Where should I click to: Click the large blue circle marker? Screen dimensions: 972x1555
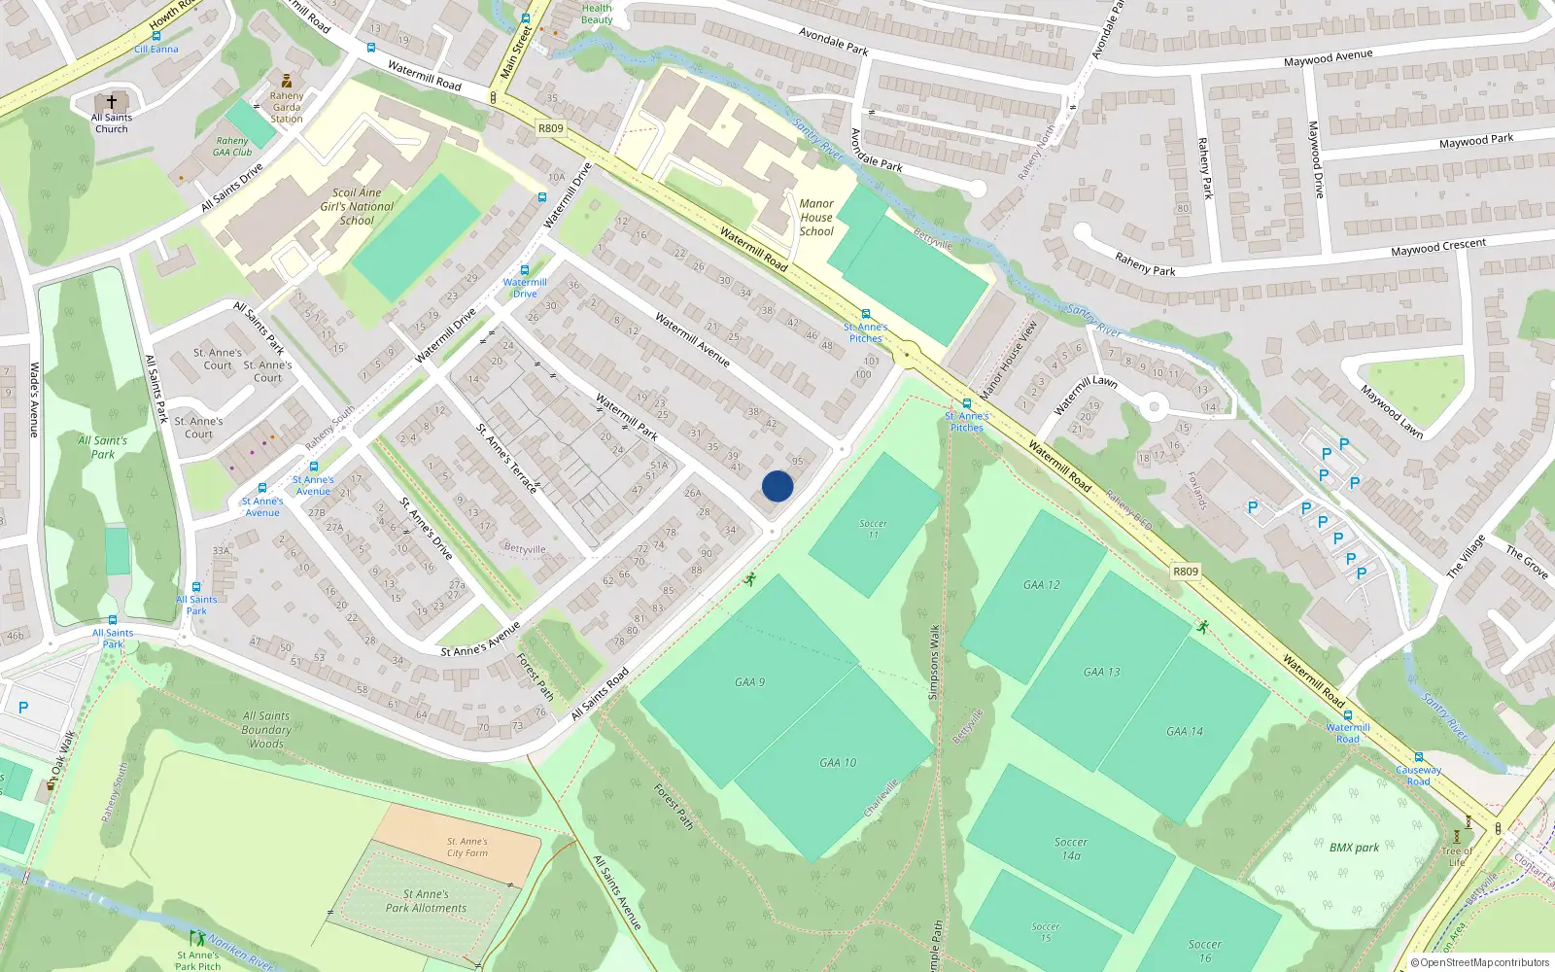coord(777,486)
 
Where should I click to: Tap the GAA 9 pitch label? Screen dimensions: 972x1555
coord(749,682)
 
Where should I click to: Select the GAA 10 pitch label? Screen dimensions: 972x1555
coord(838,763)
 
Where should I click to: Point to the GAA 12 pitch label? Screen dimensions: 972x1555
coord(1041,585)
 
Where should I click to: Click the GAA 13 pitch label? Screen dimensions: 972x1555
coord(1101,672)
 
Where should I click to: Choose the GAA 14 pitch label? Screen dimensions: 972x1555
coord(1184,731)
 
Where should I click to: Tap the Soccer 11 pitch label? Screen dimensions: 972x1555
coord(873,529)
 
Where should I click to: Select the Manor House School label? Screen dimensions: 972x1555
coord(816,218)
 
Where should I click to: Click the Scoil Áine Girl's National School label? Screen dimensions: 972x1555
coord(357,206)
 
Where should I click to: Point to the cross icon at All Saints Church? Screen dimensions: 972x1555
coord(112,101)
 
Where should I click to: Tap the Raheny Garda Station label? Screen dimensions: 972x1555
coord(287,107)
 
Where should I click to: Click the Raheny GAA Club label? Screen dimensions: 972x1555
coord(232,147)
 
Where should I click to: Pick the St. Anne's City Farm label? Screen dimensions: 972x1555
coord(467,848)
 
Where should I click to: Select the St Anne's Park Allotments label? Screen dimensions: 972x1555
coord(426,901)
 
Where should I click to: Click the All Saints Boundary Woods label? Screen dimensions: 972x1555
coord(266,729)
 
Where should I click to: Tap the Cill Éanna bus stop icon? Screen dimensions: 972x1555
coord(155,36)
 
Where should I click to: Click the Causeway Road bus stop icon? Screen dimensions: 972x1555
coord(1418,757)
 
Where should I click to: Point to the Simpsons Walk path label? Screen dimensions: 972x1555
coord(934,661)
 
